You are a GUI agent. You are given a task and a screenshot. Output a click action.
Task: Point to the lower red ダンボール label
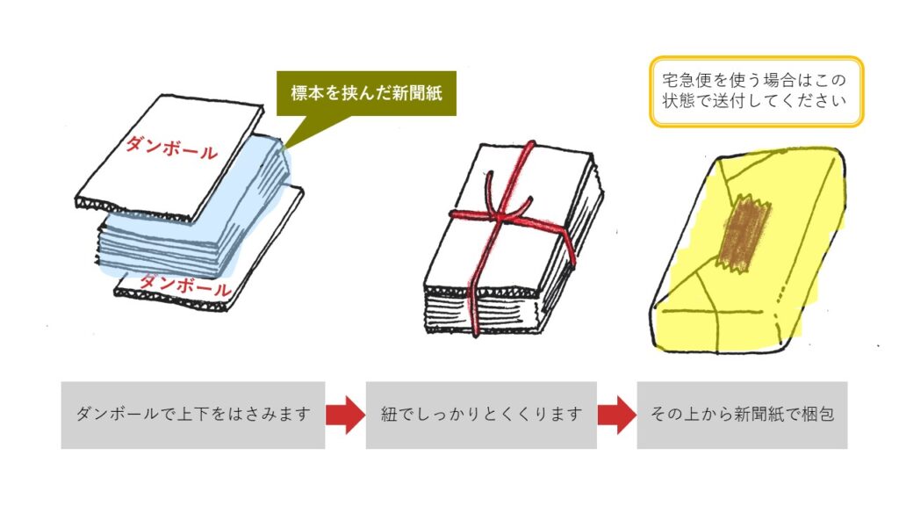[185, 285]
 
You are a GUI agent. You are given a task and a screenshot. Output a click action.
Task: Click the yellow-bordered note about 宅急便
[756, 91]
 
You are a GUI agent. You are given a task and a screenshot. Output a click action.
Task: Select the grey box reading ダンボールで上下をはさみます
[193, 415]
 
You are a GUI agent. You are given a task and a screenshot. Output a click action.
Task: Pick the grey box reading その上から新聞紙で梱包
[742, 415]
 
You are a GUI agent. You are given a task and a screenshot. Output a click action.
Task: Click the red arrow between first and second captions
[345, 415]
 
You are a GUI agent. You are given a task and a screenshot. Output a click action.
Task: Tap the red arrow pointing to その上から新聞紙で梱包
[616, 415]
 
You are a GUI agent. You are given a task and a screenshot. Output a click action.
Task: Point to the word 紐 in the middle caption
[389, 415]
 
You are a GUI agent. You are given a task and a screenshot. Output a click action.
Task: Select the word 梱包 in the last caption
[819, 415]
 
